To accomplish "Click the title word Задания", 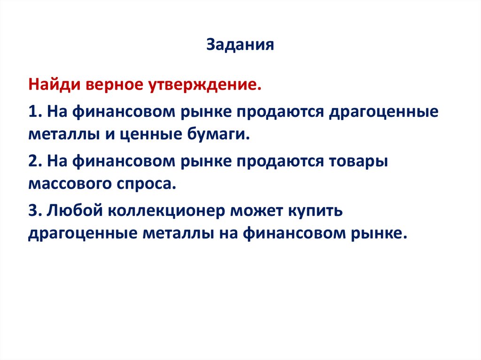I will [x=240, y=45].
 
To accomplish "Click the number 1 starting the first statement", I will [x=32, y=112].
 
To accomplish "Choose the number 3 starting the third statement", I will [x=32, y=210].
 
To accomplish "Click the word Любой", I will [x=74, y=210].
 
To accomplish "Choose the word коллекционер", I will [x=168, y=210].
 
